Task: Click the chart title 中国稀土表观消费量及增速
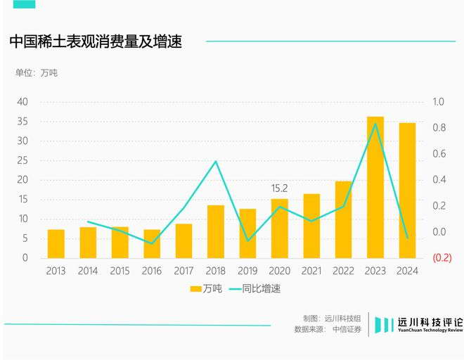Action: (x=96, y=41)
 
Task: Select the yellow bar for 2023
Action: (x=375, y=187)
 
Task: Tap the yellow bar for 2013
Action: (x=56, y=243)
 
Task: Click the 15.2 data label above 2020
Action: (x=279, y=188)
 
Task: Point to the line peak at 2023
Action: (x=375, y=124)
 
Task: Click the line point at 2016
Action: (x=152, y=244)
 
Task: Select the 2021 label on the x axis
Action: (x=311, y=271)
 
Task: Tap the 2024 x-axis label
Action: (x=407, y=271)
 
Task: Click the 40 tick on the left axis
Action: (x=22, y=102)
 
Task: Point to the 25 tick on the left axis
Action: (x=22, y=160)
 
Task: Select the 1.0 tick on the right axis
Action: (x=439, y=102)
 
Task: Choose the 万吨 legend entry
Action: (x=205, y=289)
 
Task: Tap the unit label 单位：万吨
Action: (x=37, y=73)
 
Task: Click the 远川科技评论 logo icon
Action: (x=383, y=324)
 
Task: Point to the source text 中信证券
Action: (x=347, y=329)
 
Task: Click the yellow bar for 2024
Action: (x=407, y=190)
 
